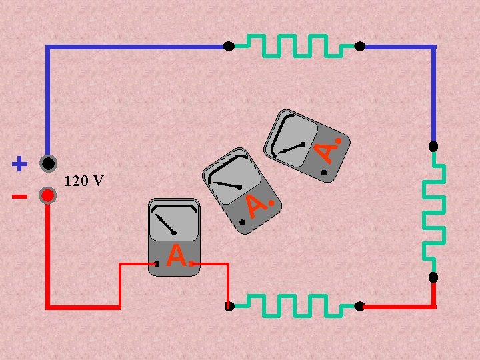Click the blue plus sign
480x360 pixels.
tap(20, 163)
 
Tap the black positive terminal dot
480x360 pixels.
tap(47, 163)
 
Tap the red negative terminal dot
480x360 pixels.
tap(47, 195)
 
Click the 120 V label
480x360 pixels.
tap(83, 181)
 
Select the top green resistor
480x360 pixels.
tap(294, 45)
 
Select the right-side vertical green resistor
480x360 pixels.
tap(434, 211)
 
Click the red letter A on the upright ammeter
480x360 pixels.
tap(176, 255)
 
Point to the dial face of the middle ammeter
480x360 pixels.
tap(233, 179)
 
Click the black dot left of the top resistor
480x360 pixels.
tap(229, 47)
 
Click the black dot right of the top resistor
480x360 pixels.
tap(359, 47)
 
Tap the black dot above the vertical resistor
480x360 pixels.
tap(433, 146)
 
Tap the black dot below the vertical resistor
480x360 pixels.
tap(433, 277)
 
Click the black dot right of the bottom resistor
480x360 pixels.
tap(359, 307)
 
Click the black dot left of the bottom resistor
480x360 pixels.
tap(229, 307)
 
